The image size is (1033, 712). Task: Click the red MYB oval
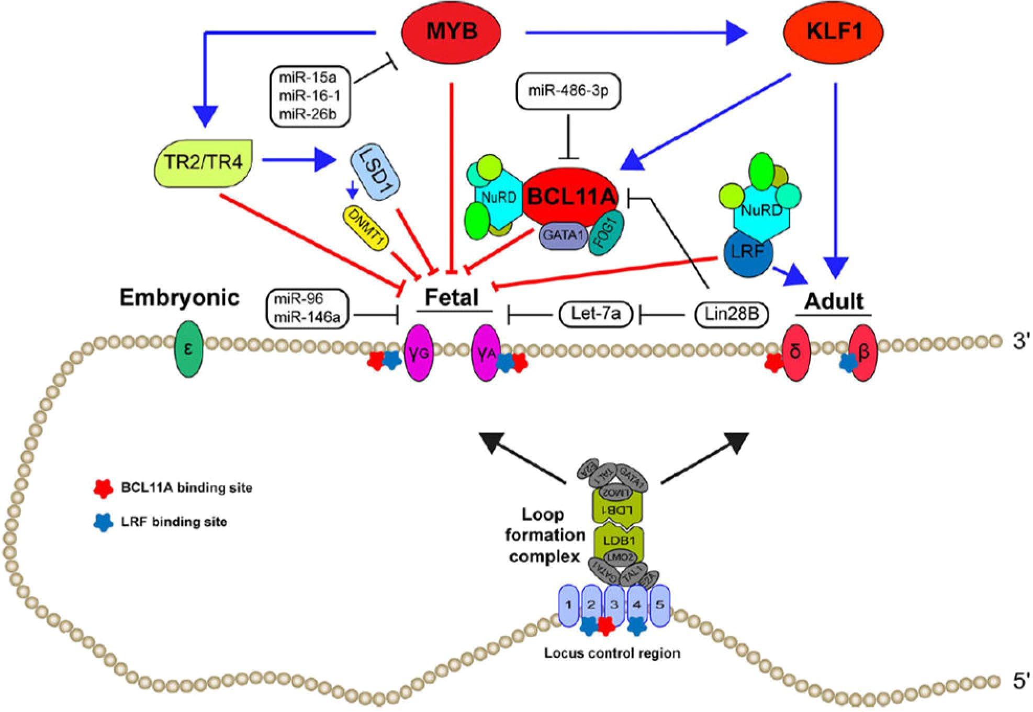pos(451,32)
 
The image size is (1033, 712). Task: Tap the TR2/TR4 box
pos(204,162)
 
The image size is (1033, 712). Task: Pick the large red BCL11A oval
pos(571,197)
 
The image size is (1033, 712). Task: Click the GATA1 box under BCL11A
pos(563,235)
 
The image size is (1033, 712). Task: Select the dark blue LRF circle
pos(748,252)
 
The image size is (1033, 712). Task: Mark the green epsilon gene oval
pos(188,349)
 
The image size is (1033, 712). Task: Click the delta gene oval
pos(795,352)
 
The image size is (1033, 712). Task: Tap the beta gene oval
pos(863,352)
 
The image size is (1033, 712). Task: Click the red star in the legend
pos(103,488)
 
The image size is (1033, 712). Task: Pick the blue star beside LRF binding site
pos(103,522)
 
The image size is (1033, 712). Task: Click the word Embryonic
pos(179,298)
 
